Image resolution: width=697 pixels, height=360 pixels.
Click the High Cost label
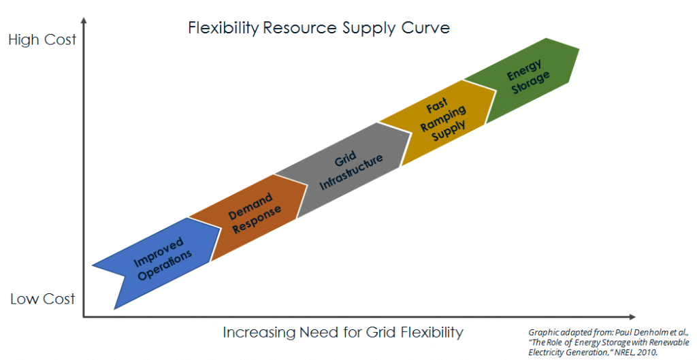click(x=43, y=39)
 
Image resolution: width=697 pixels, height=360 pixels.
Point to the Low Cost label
click(x=43, y=299)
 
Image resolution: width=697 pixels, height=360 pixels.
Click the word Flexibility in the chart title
click(x=223, y=28)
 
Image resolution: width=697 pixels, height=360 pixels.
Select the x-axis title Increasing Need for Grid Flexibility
click(x=343, y=333)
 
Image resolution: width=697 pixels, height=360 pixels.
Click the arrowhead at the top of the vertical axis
click(x=84, y=20)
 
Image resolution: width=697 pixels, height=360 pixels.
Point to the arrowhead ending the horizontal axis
click(x=632, y=317)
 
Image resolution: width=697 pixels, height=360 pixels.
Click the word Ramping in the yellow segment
click(x=443, y=118)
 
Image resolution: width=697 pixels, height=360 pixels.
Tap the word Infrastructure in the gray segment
click(x=351, y=171)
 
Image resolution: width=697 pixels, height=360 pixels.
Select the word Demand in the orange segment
click(x=250, y=207)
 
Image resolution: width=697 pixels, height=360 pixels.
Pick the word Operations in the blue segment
click(x=165, y=265)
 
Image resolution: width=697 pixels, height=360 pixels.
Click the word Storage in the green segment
click(x=531, y=82)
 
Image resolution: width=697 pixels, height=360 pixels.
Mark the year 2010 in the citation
click(x=648, y=352)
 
